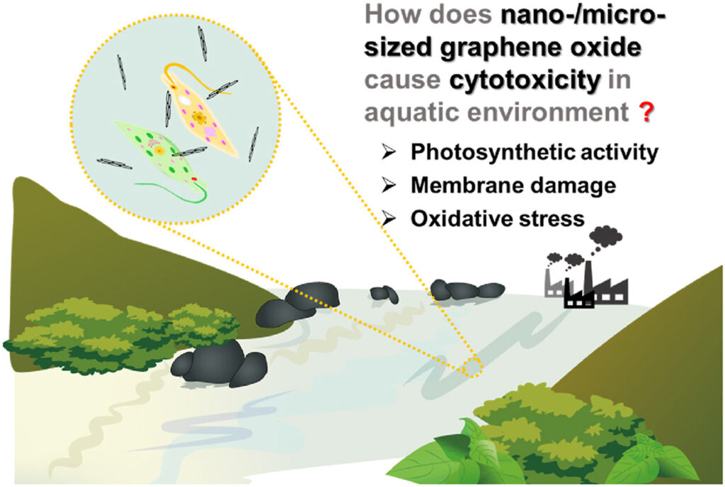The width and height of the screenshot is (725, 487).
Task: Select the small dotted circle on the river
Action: (472, 367)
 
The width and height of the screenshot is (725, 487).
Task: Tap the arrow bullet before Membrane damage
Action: (389, 185)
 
